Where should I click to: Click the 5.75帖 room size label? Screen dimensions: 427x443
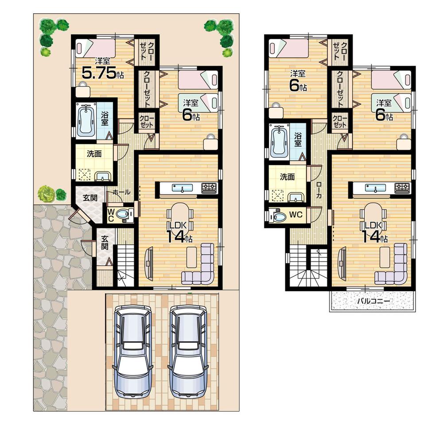click(x=100, y=73)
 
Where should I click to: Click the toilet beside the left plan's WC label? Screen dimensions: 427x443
click(x=128, y=215)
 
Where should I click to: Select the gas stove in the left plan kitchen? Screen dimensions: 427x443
click(x=209, y=188)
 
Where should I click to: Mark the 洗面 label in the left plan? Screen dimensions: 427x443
click(x=94, y=154)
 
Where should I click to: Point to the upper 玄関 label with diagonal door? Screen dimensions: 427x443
click(x=90, y=198)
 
